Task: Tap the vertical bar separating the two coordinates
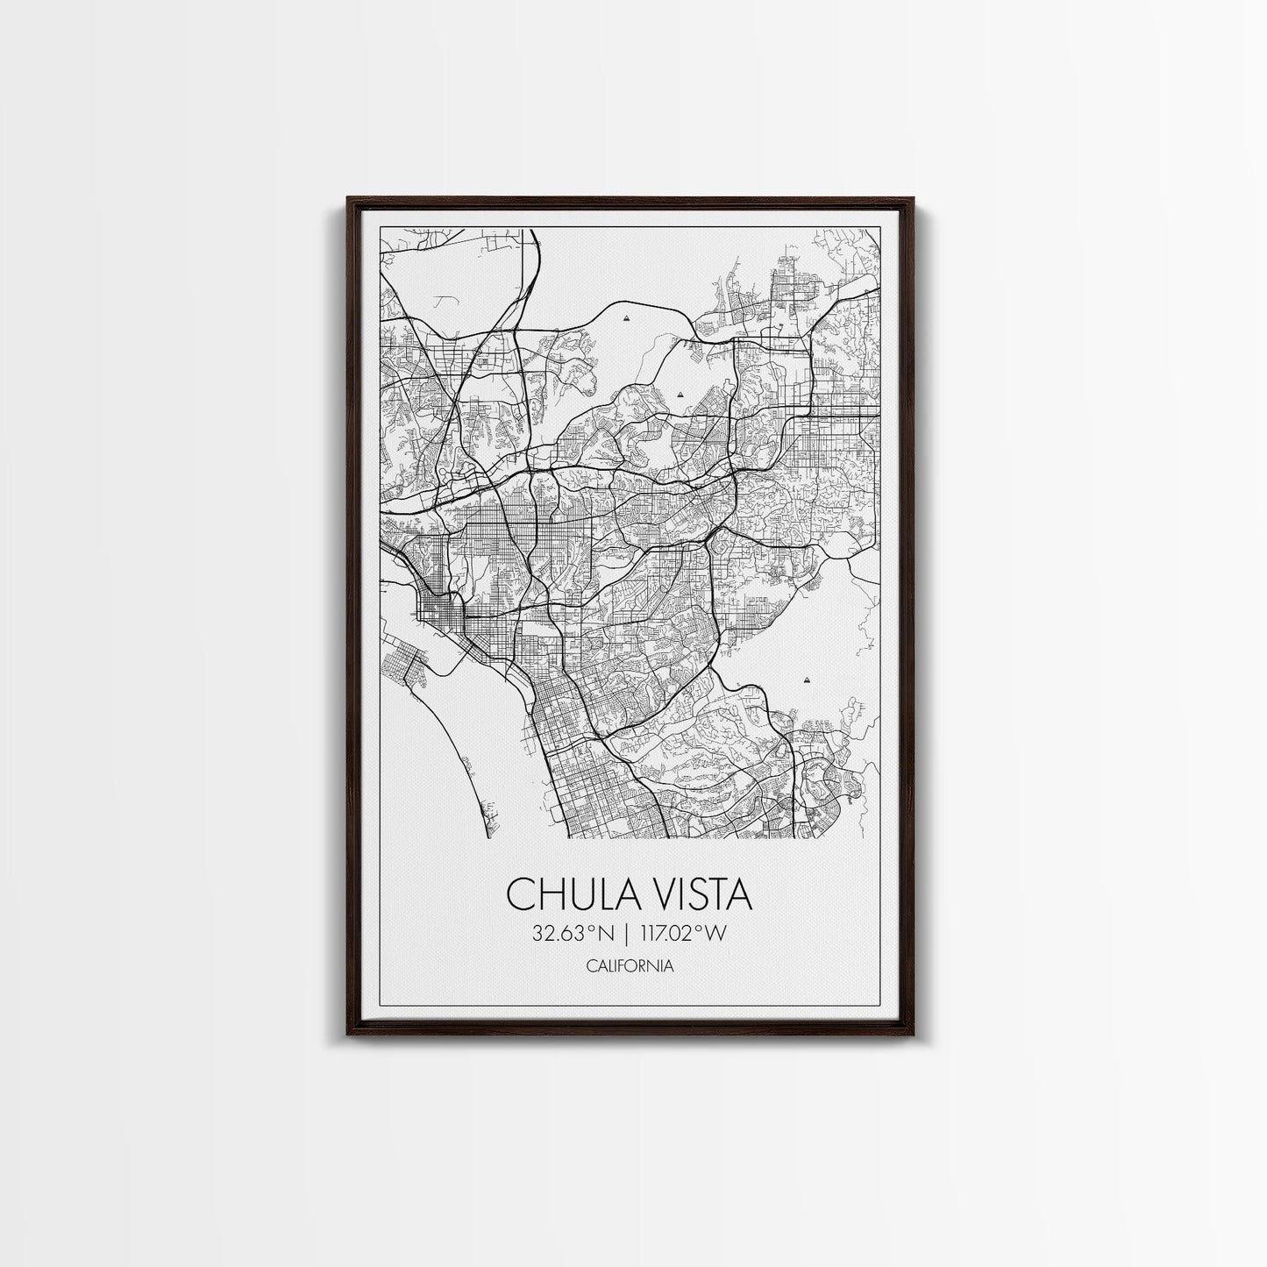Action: [628, 933]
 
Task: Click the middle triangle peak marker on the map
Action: [680, 395]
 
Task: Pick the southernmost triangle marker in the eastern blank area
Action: [805, 679]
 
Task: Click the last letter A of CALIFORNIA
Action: [669, 966]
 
